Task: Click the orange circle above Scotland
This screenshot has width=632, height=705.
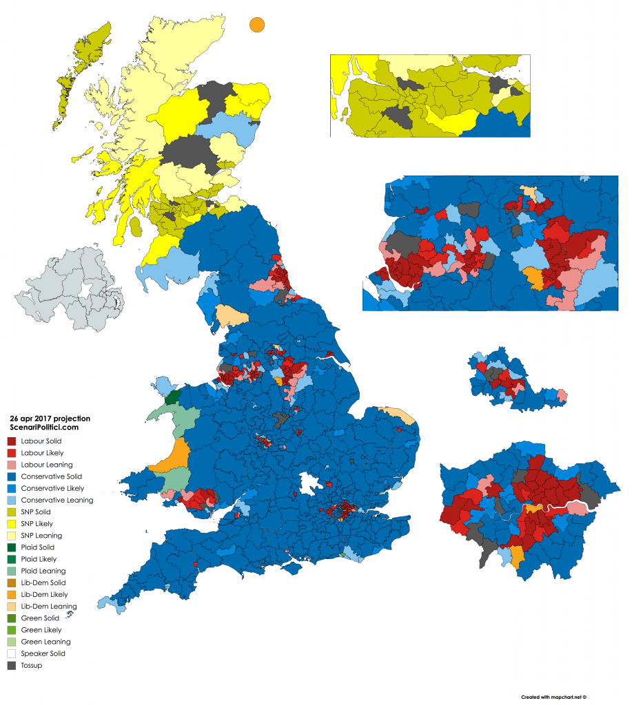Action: coord(256,24)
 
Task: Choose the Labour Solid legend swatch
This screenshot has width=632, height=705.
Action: coord(12,441)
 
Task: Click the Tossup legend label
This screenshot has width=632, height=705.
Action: coord(31,665)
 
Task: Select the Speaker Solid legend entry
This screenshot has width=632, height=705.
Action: coord(43,653)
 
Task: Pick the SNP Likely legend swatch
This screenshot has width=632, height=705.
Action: coord(12,523)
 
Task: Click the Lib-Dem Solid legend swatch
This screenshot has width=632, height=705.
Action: coord(12,582)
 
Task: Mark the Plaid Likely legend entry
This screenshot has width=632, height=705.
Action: coord(39,559)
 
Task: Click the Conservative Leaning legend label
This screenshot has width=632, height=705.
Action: coord(57,500)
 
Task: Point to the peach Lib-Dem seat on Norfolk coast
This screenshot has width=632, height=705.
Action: coord(399,415)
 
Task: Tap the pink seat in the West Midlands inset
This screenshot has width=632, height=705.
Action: coord(561,395)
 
